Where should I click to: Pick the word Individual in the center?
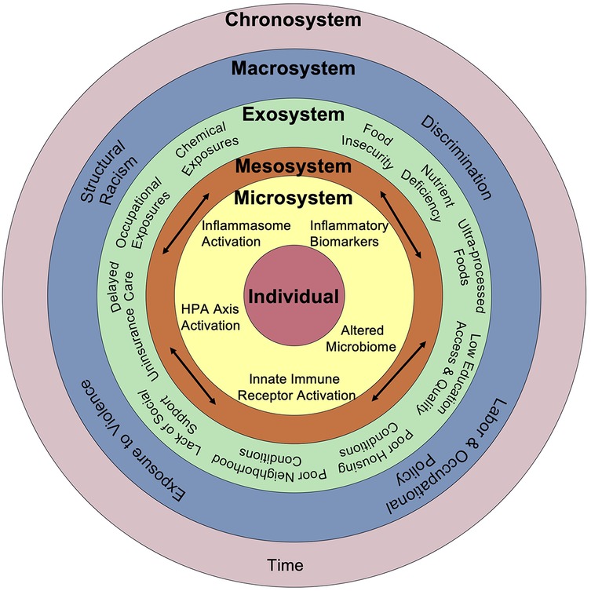coord(295,297)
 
